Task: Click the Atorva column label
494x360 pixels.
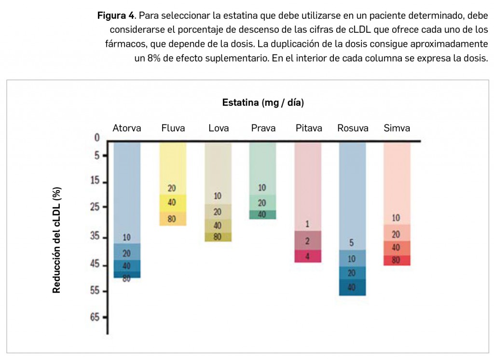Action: click(x=127, y=128)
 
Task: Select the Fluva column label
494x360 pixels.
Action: click(x=173, y=128)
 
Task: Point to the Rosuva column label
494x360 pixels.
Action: click(x=353, y=128)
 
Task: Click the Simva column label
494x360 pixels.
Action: click(x=397, y=128)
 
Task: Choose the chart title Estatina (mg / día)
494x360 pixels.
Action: click(x=263, y=102)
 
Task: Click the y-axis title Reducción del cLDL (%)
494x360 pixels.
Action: click(x=56, y=240)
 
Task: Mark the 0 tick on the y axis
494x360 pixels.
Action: click(x=96, y=138)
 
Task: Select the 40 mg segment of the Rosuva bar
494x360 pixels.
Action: click(x=352, y=288)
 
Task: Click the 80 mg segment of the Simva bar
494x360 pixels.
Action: click(x=397, y=261)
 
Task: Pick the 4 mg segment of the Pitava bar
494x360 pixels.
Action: click(x=307, y=256)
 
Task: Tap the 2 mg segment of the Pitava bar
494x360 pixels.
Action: click(x=307, y=240)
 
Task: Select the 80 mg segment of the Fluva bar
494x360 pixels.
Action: click(x=172, y=219)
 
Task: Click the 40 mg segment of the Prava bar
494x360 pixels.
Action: click(x=262, y=215)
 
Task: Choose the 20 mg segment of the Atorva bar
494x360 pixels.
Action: click(x=127, y=252)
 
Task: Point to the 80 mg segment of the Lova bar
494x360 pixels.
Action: click(x=218, y=237)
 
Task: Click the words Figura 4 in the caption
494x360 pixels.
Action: click(x=116, y=15)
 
